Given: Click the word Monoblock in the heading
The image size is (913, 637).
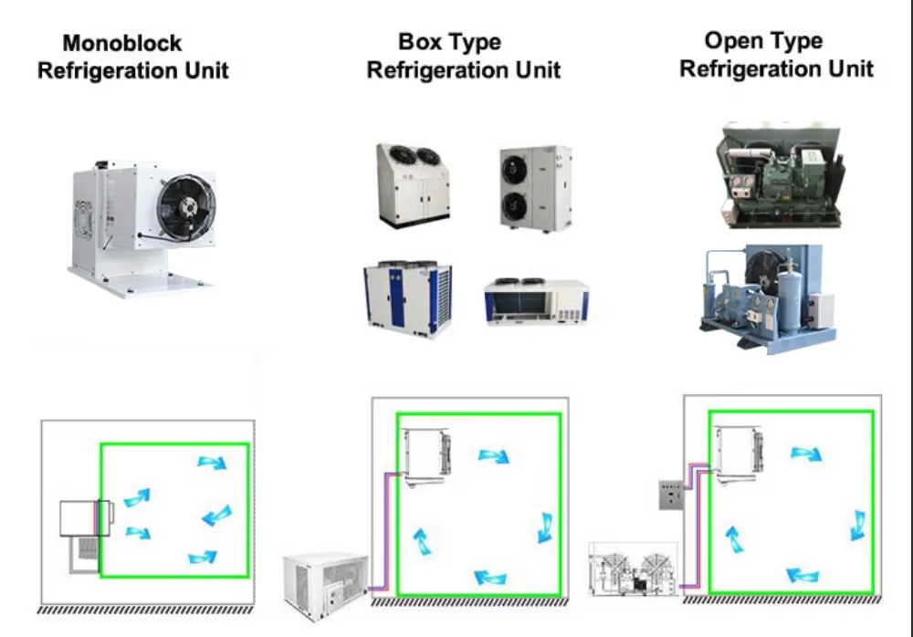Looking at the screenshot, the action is click(121, 43).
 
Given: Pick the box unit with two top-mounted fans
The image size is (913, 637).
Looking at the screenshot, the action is click(414, 184).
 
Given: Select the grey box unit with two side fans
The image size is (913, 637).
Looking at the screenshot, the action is click(536, 189).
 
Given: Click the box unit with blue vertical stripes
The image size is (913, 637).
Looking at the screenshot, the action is click(407, 298).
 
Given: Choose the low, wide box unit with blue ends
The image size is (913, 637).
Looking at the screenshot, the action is click(536, 300).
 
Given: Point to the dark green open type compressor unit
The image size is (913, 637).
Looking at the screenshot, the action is click(779, 174).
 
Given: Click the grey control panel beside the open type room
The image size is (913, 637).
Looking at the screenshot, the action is click(671, 495).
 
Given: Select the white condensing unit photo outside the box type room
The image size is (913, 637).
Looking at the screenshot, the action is click(326, 586).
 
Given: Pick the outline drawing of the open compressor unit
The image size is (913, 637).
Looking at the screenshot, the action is click(634, 569).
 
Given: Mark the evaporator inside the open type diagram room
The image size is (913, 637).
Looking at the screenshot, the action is click(740, 455).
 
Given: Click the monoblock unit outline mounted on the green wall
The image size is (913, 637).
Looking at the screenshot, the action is click(86, 518).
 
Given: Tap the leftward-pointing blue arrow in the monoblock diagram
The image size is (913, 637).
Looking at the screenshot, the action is click(217, 516).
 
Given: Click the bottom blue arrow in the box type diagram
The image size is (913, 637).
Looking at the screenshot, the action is click(490, 578).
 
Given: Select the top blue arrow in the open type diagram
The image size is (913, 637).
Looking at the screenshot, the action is click(806, 453).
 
